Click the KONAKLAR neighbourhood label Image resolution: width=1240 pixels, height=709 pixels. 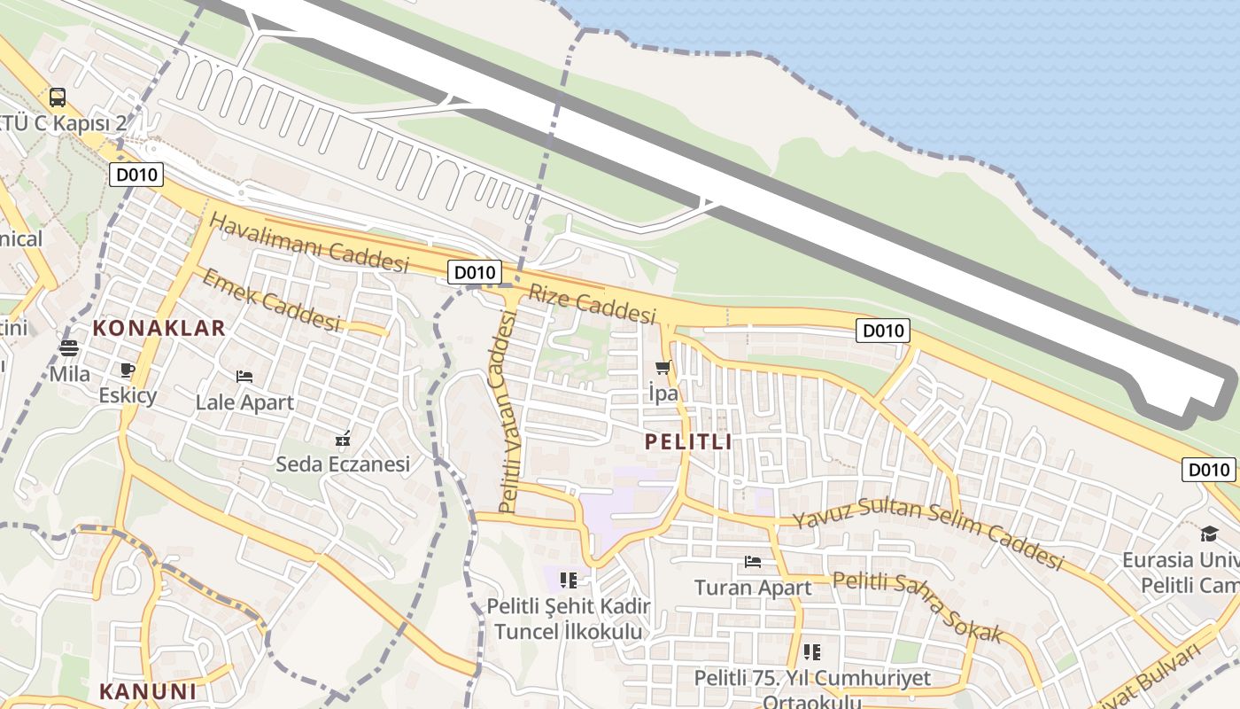point(159,329)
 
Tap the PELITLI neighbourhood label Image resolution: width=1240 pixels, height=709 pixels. point(688,441)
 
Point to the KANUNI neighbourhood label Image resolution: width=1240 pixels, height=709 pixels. point(147,691)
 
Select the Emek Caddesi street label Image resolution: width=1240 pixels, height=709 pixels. point(272,300)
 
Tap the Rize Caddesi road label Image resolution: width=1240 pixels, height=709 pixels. point(593,303)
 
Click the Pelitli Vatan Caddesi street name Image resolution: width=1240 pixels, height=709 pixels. point(508,413)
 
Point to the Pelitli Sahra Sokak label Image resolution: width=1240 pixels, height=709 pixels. point(918,606)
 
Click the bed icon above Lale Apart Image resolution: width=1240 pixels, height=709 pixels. point(244,377)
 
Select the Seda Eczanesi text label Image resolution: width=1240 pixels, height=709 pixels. point(343,464)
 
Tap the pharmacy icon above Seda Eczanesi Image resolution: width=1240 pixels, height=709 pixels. point(343,439)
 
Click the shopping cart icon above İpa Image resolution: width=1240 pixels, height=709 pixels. point(663,368)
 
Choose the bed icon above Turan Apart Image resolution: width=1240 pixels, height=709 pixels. point(753,562)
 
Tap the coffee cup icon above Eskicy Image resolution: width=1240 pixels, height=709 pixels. point(127,370)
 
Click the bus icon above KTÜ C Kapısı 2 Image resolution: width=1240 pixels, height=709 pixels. point(58,97)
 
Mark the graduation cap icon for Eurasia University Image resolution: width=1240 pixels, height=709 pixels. point(1209,534)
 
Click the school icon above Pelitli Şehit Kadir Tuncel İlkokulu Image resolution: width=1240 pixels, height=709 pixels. point(569,580)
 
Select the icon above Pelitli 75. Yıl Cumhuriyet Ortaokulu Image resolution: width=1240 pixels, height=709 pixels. point(812,652)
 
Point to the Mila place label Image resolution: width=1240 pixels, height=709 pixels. point(69,374)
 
